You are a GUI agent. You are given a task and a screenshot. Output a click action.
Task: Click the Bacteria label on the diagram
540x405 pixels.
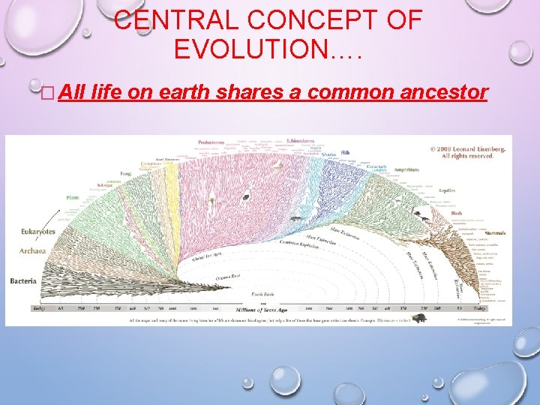[22, 280]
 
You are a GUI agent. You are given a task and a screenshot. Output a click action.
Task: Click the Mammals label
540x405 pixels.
[495, 233]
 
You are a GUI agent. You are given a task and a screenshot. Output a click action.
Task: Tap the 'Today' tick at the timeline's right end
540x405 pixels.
[498, 308]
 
